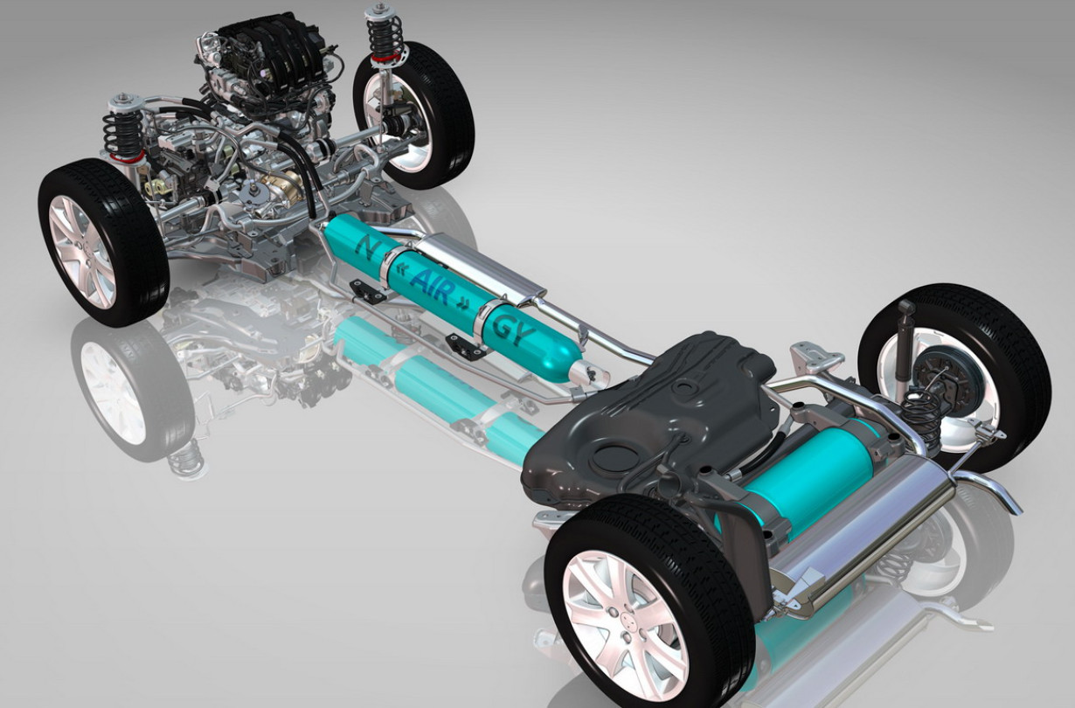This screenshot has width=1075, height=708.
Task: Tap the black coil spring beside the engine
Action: click(122, 134)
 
